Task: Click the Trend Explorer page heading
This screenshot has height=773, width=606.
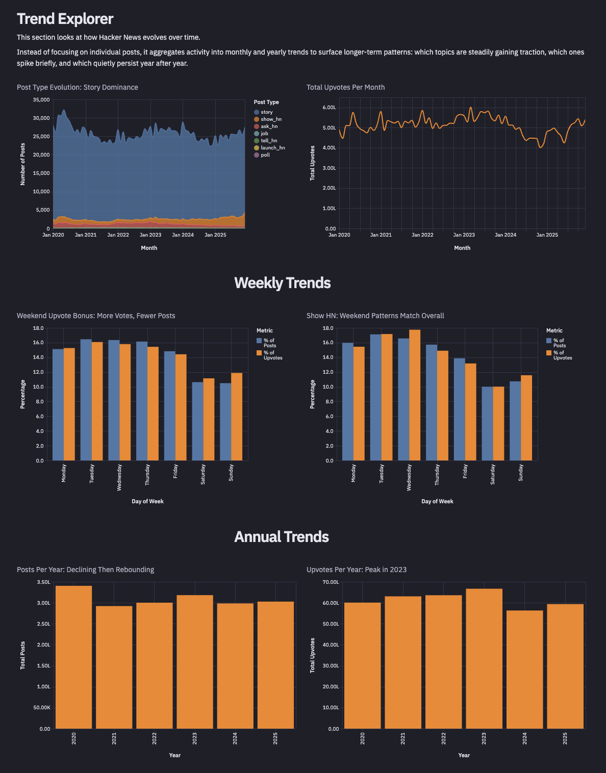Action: (x=65, y=19)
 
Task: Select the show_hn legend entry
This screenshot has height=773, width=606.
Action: (x=270, y=119)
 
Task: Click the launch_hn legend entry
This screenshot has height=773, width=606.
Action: (x=272, y=148)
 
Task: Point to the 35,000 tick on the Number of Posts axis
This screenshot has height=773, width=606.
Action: (x=41, y=100)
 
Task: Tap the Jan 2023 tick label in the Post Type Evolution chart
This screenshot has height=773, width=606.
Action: (x=150, y=235)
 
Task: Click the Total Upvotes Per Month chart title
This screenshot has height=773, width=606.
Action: (x=345, y=87)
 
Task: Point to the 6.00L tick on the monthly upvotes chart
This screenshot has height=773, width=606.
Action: (x=330, y=108)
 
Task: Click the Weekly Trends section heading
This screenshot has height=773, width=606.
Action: (x=282, y=283)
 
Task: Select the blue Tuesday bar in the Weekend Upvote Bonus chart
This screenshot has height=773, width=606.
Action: (x=86, y=400)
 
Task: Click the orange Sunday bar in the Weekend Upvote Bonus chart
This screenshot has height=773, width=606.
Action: (x=237, y=417)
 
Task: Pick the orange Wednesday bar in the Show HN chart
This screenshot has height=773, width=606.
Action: (x=415, y=395)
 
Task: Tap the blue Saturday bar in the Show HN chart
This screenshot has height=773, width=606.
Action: (x=487, y=424)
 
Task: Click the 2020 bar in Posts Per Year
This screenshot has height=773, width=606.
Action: (x=73, y=657)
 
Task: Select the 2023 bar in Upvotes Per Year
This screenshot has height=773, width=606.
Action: (x=484, y=659)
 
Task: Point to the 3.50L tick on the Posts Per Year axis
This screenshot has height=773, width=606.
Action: (x=44, y=582)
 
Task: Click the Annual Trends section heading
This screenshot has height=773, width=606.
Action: (x=282, y=537)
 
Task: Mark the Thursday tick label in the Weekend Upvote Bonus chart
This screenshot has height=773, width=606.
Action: (x=147, y=475)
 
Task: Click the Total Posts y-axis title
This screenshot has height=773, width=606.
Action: (x=22, y=655)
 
